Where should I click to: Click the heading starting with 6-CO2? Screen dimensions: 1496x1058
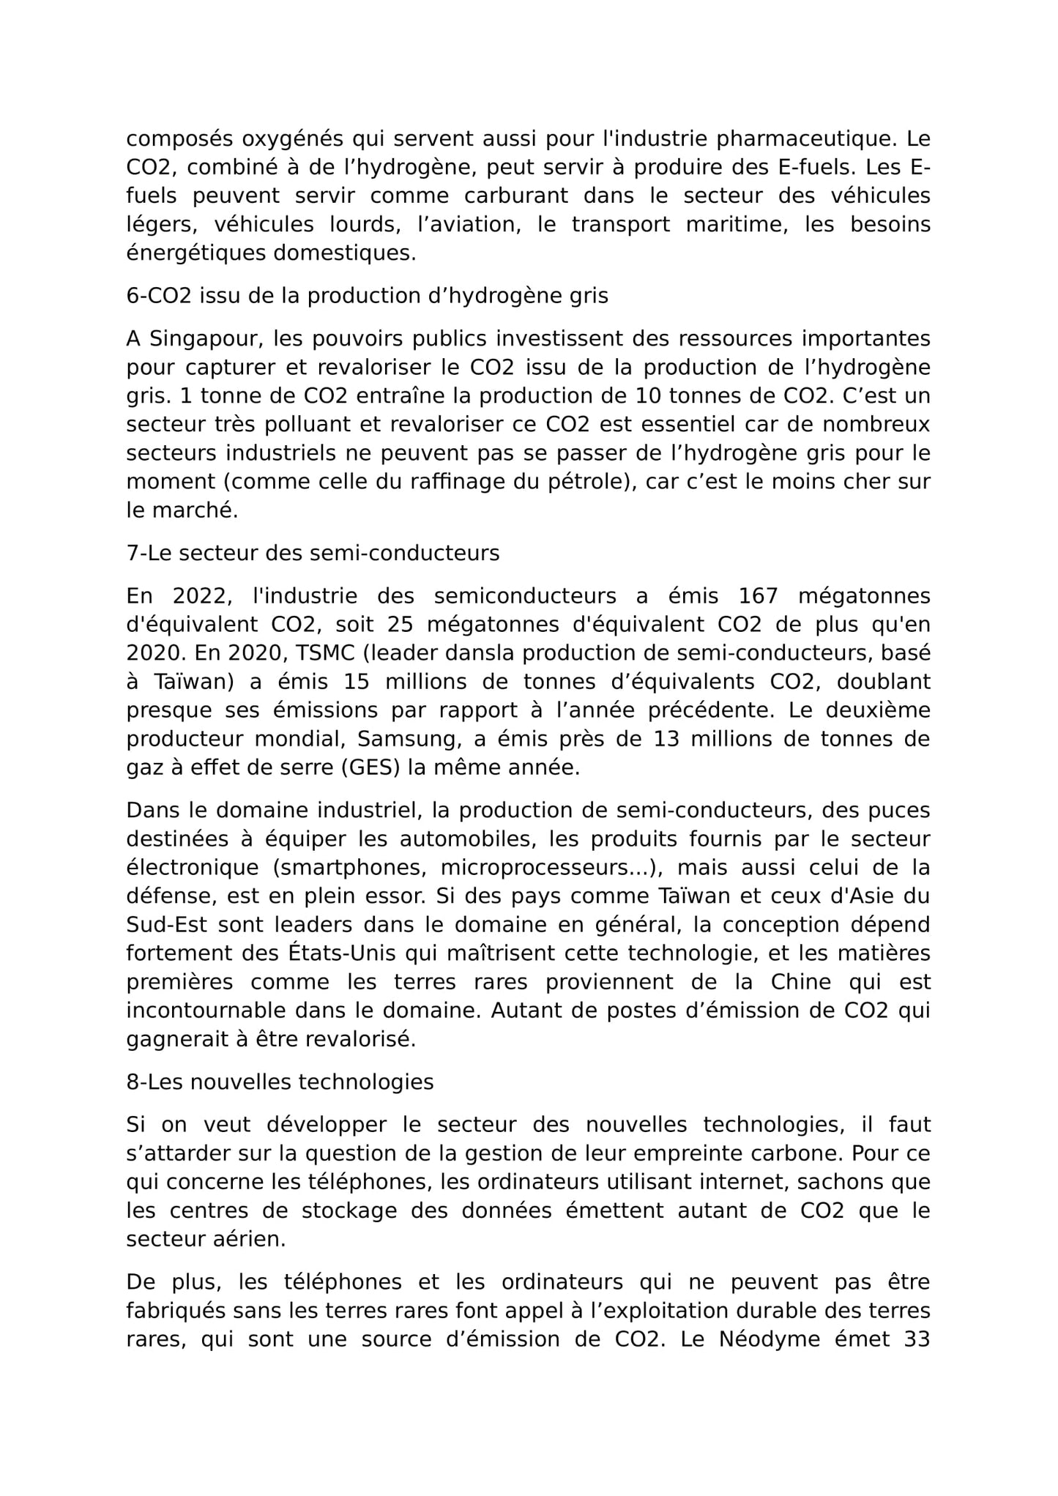[367, 296]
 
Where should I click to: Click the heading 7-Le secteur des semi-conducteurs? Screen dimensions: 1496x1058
[313, 553]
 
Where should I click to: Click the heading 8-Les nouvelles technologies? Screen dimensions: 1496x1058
[280, 1082]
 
